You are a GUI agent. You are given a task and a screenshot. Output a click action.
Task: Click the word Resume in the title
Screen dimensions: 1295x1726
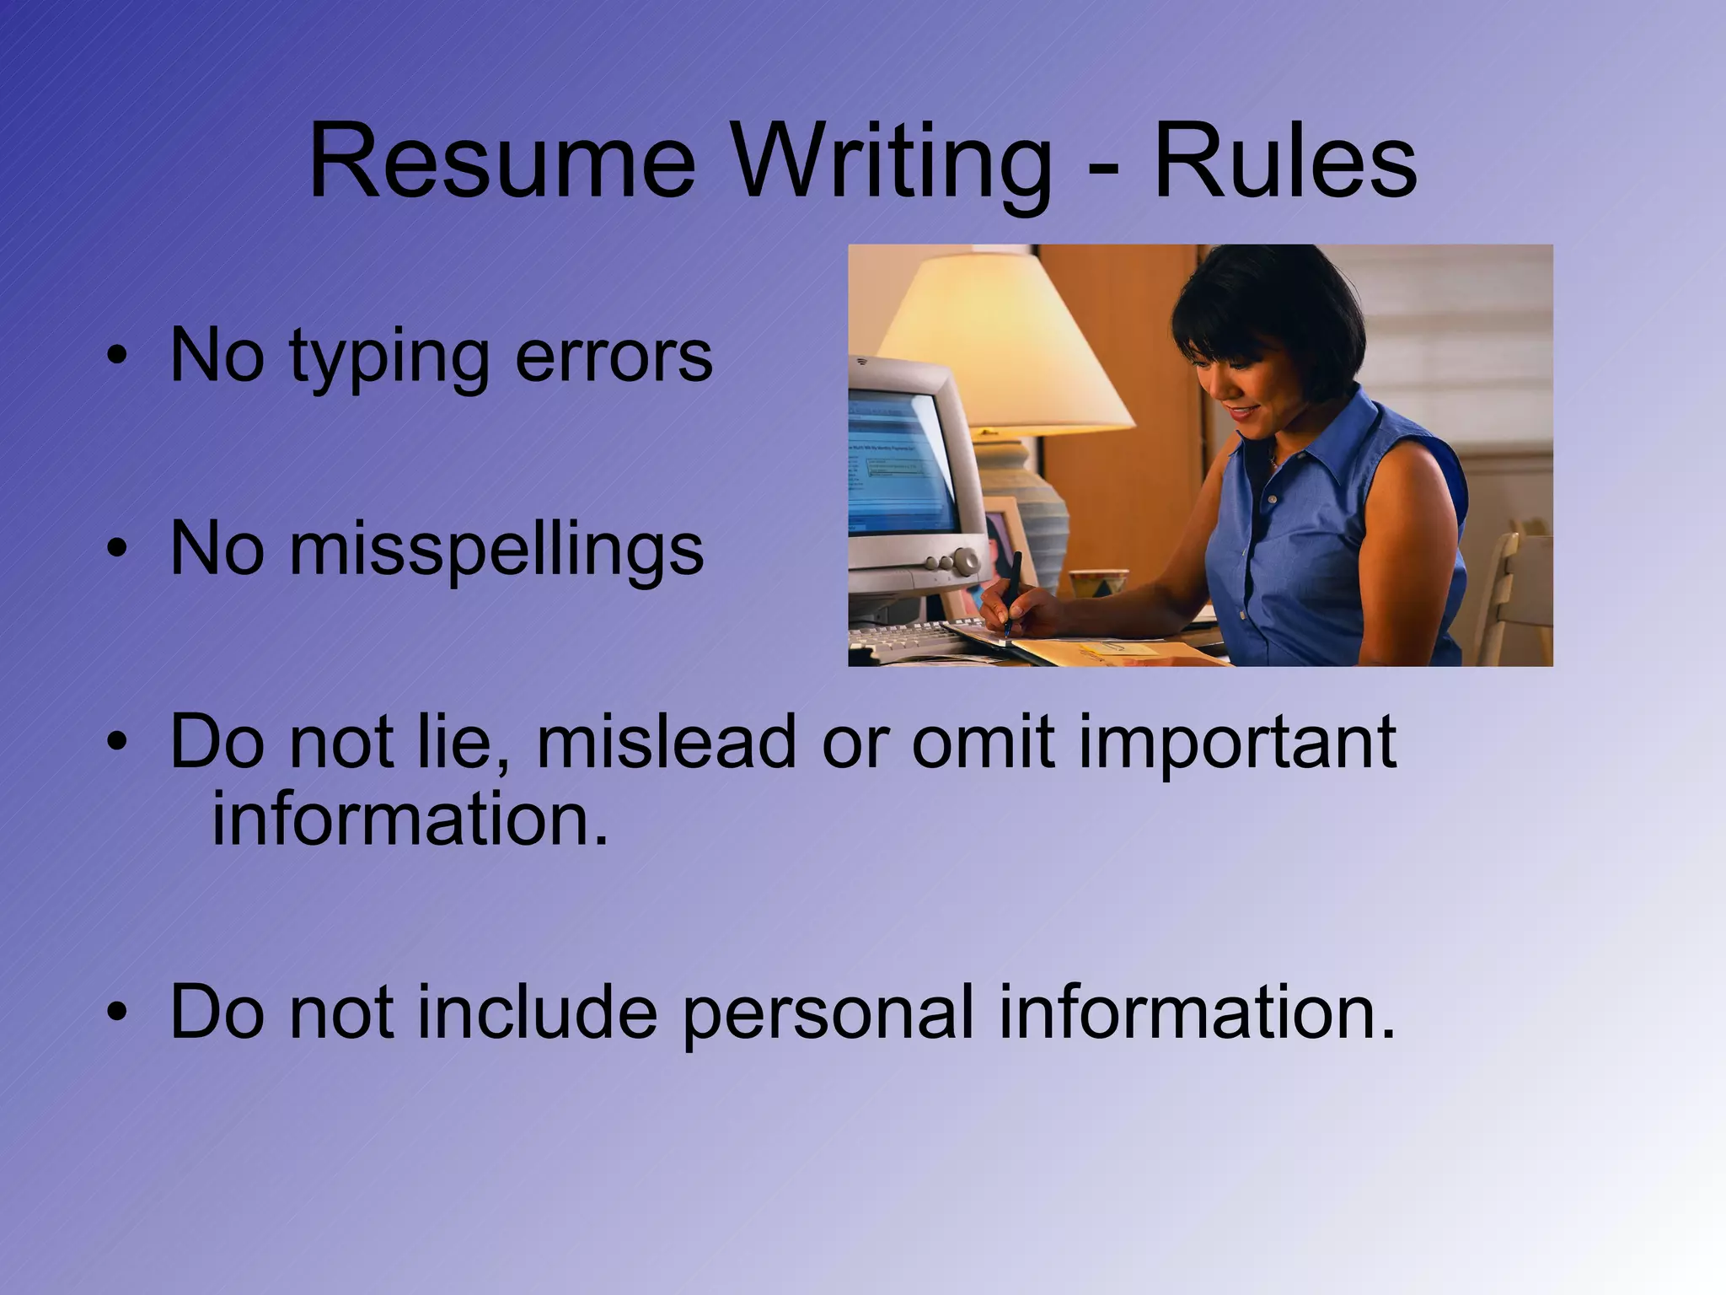[502, 162]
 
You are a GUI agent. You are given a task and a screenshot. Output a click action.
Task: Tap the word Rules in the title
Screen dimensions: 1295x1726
[1284, 162]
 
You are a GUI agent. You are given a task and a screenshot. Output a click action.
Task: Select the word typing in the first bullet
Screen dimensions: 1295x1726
[389, 357]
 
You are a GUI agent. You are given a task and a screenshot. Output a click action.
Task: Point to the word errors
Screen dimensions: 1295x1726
[614, 357]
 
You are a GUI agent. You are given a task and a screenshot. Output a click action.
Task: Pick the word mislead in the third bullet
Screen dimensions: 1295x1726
[666, 742]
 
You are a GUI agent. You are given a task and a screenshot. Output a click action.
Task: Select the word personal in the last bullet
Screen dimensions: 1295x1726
[828, 1013]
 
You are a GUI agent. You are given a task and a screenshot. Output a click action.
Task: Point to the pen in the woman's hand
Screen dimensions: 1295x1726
[1011, 590]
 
